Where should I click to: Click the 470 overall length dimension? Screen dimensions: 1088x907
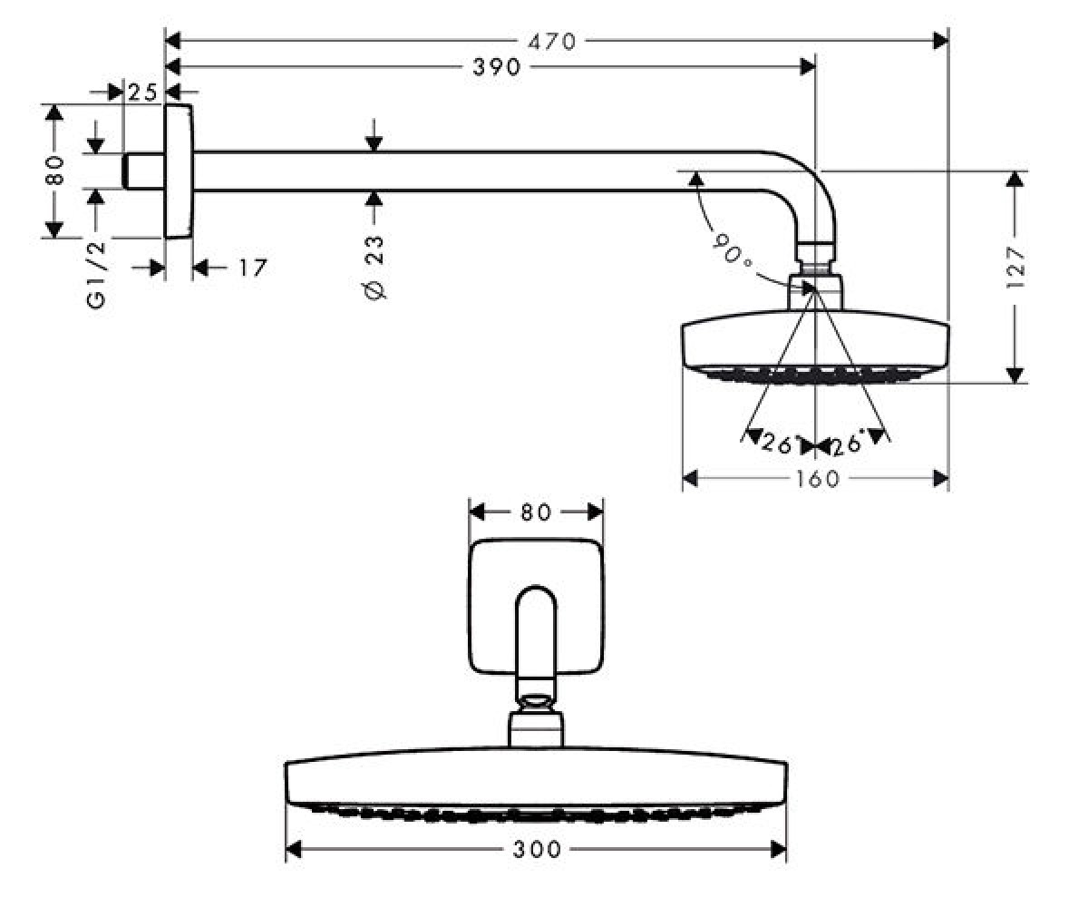click(552, 41)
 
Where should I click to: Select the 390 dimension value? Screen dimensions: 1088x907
click(497, 67)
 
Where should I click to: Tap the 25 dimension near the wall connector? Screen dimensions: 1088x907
click(142, 93)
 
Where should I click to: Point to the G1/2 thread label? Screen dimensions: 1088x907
click(96, 275)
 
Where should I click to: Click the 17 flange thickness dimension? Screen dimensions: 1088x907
click(253, 268)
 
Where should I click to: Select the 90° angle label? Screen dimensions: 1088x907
click(732, 249)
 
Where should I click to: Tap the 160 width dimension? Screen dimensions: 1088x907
click(818, 479)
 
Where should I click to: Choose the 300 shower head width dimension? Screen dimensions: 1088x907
click(537, 850)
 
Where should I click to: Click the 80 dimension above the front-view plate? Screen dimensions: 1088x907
click(536, 512)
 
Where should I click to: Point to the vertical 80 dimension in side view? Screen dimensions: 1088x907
click(54, 171)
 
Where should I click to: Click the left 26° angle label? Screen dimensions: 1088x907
click(779, 444)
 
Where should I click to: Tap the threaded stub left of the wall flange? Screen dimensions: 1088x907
click(144, 171)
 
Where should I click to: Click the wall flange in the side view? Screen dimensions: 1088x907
click(179, 171)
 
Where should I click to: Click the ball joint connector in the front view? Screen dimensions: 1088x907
click(536, 702)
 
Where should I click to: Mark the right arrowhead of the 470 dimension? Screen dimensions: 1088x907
click(940, 41)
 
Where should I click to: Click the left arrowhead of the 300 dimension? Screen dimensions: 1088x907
click(294, 850)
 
